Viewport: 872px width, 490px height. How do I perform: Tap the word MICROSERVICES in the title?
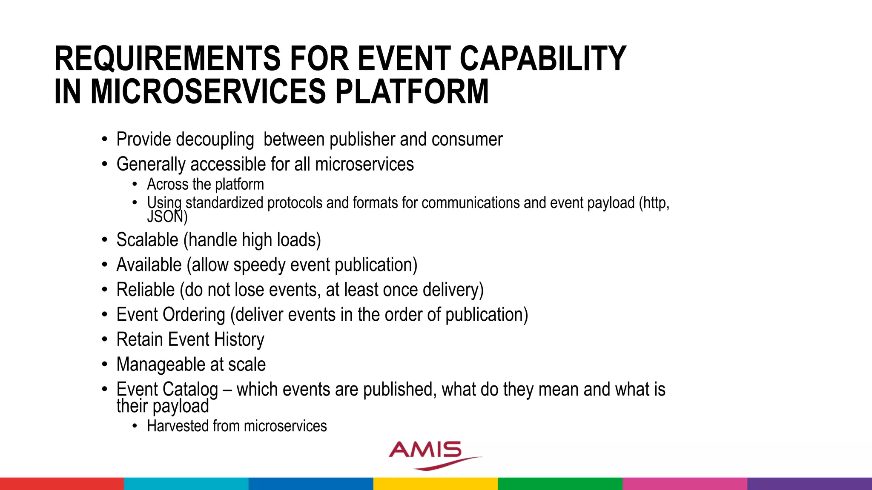(208, 92)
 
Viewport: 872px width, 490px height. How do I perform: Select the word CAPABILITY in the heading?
(543, 59)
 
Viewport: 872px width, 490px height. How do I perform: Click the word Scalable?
(147, 240)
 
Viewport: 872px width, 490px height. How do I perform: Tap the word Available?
(149, 265)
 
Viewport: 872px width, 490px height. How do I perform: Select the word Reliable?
(145, 290)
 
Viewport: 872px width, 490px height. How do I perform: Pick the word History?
(239, 340)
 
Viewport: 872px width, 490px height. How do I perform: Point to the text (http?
(654, 203)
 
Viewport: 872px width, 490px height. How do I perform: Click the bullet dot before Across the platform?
(135, 185)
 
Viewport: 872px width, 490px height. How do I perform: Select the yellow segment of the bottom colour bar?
(436, 484)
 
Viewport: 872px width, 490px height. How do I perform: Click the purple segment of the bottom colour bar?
(809, 484)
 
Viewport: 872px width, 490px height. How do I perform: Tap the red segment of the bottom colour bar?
(62, 484)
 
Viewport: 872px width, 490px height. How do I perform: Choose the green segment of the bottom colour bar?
(560, 484)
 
